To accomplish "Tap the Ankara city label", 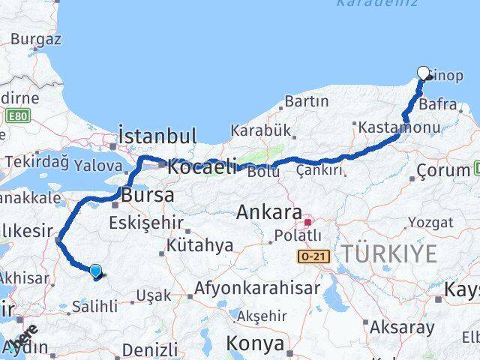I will pos(270,212).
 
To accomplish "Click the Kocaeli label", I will pos(202,166).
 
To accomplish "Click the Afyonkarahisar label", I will pos(257,287).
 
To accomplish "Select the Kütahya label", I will pos(200,244).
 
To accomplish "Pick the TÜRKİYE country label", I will pos(389,253).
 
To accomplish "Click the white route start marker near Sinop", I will pos(423,73).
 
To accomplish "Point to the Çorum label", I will pos(443,170).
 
